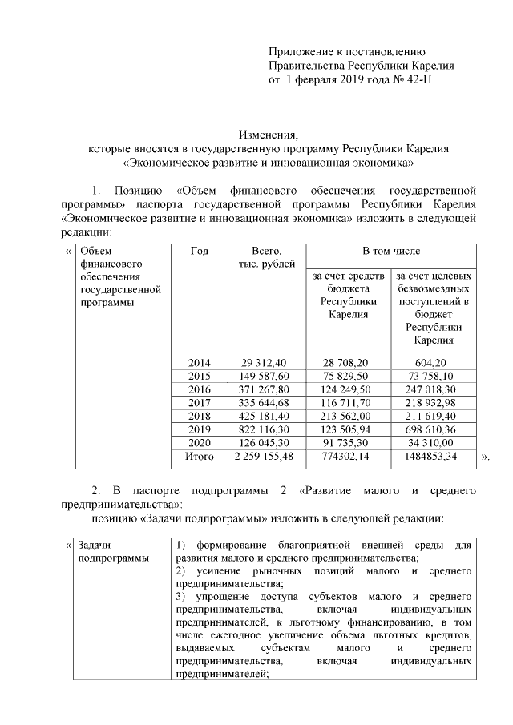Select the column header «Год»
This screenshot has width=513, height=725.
tap(200, 252)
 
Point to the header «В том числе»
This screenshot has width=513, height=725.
tap(391, 252)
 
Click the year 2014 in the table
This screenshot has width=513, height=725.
tap(200, 363)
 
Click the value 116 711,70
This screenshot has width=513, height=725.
tap(348, 402)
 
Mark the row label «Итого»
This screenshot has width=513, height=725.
tap(200, 457)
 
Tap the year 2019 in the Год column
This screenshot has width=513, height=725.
tap(200, 429)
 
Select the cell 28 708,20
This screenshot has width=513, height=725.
tap(348, 363)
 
